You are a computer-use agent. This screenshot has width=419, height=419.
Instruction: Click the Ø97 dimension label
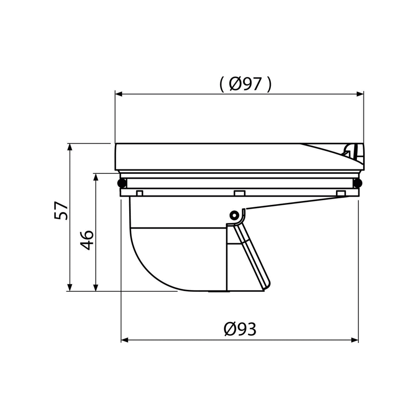[x=245, y=84]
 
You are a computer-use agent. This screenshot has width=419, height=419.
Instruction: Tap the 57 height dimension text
[x=61, y=211]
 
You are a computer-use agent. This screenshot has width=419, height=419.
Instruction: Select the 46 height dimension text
[x=87, y=240]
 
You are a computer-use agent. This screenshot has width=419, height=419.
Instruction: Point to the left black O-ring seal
[x=121, y=183]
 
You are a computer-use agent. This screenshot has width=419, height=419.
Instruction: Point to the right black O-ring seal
[x=357, y=183]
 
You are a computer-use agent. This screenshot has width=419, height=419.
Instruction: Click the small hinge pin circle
[x=234, y=215]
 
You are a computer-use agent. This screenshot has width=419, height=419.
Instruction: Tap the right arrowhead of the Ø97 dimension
[x=360, y=94]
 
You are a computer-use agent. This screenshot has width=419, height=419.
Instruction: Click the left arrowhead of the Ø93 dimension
[x=125, y=340]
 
